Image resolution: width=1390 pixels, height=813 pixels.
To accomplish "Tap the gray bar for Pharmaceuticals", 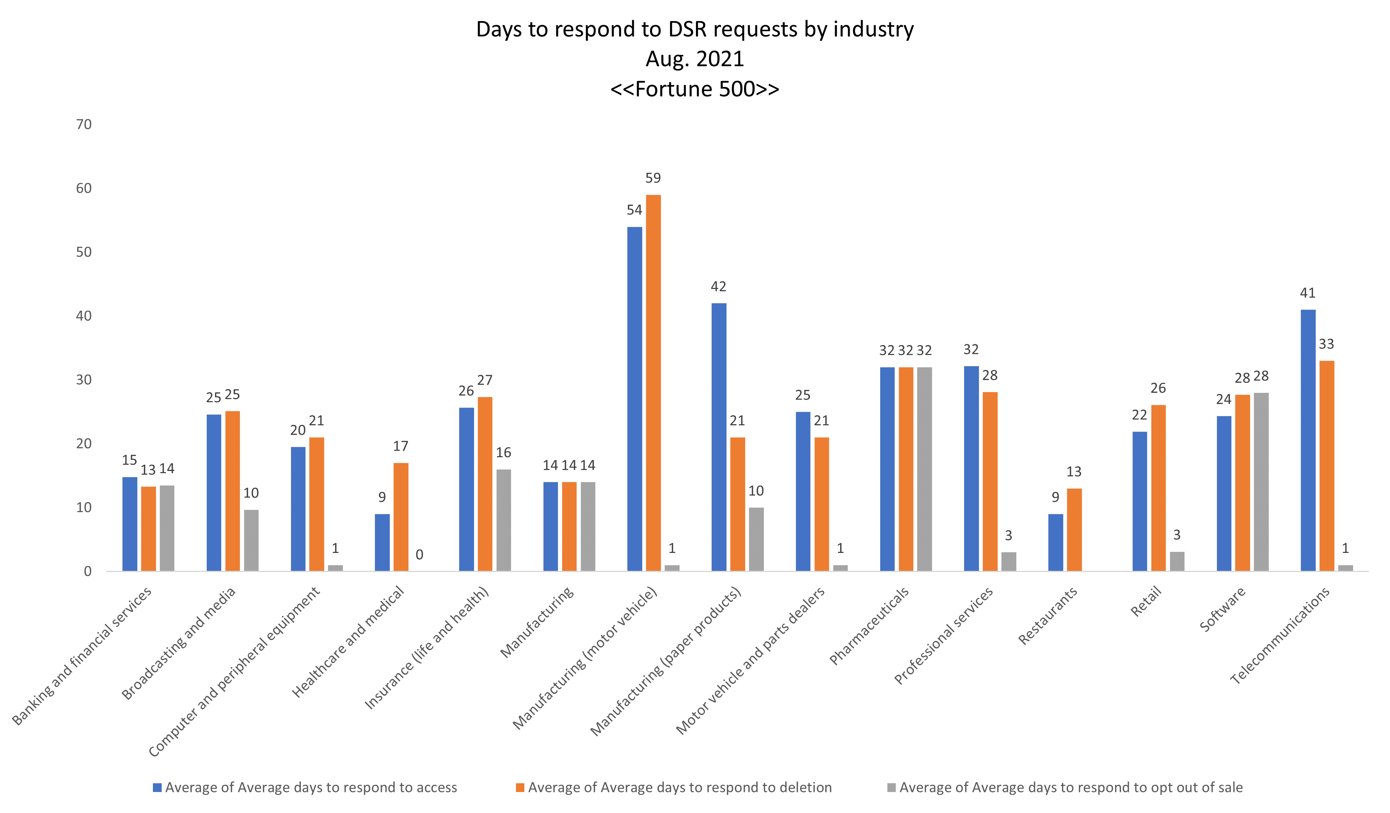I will tap(924, 469).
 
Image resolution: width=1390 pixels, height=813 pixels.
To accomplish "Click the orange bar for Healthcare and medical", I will tap(401, 517).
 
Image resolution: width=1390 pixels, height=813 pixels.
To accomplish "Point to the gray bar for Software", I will tap(1261, 482).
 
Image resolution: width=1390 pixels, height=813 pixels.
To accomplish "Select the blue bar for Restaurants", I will tap(1055, 542).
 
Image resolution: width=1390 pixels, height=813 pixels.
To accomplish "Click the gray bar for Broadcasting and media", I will tap(251, 540).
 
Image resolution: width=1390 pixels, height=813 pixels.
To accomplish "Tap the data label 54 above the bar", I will tap(634, 210).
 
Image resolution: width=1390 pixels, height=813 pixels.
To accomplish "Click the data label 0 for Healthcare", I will tap(419, 555).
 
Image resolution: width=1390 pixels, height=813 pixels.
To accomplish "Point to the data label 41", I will tap(1308, 293).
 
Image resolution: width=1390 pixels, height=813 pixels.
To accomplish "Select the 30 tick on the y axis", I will tap(84, 380).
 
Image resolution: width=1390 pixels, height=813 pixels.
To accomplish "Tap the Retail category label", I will tap(1146, 602).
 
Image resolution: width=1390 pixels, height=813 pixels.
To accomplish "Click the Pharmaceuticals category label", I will tap(869, 626).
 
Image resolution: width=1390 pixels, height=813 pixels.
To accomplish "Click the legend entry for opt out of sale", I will tap(1070, 787).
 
